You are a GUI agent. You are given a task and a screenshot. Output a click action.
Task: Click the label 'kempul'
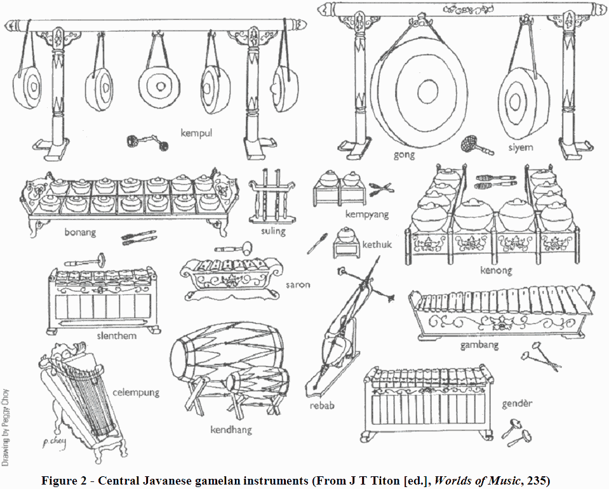[x=197, y=134]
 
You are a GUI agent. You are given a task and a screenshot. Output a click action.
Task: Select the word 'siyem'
[x=519, y=147]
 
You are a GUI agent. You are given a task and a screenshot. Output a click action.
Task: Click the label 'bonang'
[x=80, y=232]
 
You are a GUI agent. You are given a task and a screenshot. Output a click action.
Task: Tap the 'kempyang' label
[x=366, y=215]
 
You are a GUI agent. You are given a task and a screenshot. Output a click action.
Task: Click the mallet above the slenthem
[x=83, y=260]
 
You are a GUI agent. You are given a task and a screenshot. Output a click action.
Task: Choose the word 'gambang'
[x=479, y=346]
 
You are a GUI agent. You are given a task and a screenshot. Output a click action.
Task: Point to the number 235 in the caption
[x=534, y=480]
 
